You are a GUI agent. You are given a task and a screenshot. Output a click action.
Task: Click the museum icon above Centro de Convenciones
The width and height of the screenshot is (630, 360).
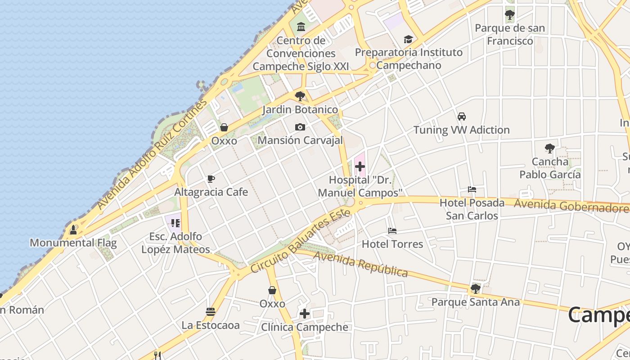point(301,27)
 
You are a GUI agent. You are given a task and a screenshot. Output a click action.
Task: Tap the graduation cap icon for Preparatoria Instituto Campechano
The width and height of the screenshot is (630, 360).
point(408,39)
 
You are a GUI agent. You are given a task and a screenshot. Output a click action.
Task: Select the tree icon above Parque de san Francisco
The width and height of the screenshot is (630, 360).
point(509,15)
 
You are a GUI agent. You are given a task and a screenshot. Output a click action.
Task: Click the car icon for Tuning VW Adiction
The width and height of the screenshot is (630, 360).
point(461,117)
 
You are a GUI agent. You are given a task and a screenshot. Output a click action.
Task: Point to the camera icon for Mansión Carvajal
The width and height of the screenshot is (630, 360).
point(300,127)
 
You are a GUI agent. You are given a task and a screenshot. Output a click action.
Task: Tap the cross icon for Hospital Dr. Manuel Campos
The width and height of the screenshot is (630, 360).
point(360,167)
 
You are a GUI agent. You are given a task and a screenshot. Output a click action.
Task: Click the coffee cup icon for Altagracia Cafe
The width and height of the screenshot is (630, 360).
point(211,179)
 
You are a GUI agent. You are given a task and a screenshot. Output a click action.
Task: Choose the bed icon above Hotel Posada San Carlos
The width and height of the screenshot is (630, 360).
point(472,189)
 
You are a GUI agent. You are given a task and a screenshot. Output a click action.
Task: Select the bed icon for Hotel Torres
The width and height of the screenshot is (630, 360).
point(392,231)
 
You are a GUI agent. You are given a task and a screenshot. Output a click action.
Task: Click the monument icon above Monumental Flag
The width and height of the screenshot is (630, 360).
point(73,230)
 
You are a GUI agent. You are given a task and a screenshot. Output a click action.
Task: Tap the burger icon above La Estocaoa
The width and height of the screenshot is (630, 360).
point(210,311)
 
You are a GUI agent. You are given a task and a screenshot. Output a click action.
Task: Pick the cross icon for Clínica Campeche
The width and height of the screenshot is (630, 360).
point(305,314)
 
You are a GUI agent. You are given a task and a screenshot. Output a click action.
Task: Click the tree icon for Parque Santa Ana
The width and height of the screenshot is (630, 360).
point(475,288)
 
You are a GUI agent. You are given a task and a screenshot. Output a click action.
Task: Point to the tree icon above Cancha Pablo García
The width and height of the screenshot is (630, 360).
point(549,148)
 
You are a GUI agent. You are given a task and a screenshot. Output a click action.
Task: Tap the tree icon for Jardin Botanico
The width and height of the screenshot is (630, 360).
point(300,96)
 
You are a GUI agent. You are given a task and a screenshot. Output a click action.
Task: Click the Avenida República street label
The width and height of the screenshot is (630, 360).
point(361,264)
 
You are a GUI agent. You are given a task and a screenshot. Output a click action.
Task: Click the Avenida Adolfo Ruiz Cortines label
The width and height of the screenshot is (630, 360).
point(152,154)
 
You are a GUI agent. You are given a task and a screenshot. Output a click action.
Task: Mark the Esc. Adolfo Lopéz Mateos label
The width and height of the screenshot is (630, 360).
point(175,243)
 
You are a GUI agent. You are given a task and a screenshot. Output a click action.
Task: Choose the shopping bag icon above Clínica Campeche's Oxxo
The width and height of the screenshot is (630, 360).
point(272,290)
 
